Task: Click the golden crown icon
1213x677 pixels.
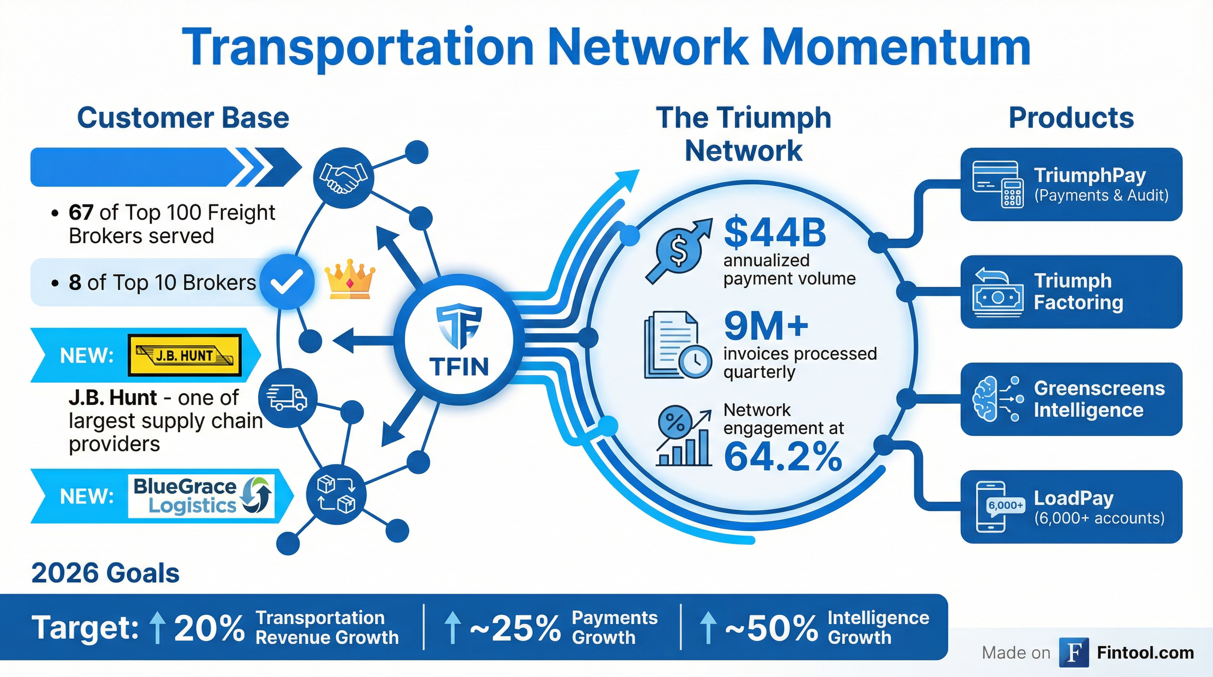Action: coord(350,279)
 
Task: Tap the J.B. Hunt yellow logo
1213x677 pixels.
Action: coord(185,355)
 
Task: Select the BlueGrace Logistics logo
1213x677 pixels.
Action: coord(201,496)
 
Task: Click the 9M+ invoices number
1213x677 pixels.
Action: coord(766,326)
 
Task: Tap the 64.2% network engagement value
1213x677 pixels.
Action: coord(783,457)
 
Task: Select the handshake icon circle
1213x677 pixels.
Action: coord(343,178)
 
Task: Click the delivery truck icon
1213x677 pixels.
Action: coord(287,398)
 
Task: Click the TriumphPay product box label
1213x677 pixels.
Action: coord(1090,175)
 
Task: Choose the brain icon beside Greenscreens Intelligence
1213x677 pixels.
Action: coord(986,399)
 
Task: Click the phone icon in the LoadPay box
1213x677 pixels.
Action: coord(991,507)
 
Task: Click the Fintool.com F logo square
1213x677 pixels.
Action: coord(1074,652)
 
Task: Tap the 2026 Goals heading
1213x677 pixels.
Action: coord(105,573)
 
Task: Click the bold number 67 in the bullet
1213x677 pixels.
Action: coord(81,213)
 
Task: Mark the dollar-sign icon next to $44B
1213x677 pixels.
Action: coord(678,251)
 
